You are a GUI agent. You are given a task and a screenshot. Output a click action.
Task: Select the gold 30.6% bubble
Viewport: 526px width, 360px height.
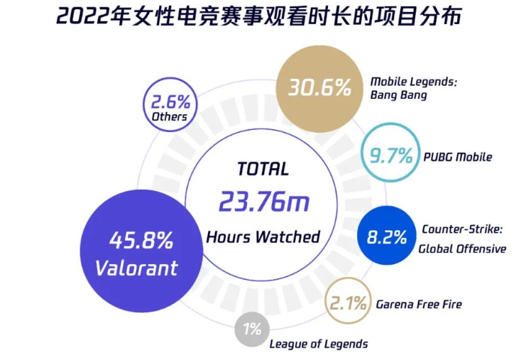pos(319,87)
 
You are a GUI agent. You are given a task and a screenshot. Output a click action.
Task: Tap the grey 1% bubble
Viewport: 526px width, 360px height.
pos(252,329)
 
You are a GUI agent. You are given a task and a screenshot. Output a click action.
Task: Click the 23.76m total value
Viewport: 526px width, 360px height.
pos(263,202)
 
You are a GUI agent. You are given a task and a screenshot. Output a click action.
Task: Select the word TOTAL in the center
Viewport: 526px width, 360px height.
pos(263,169)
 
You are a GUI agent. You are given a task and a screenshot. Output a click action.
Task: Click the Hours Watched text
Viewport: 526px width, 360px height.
pos(263,236)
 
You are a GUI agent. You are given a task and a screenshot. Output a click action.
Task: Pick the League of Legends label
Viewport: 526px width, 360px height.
pos(318,344)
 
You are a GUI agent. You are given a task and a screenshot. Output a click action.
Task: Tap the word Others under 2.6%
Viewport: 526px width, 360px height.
pos(170,116)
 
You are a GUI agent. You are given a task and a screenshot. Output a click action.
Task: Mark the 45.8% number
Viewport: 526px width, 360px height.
pos(141,241)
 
